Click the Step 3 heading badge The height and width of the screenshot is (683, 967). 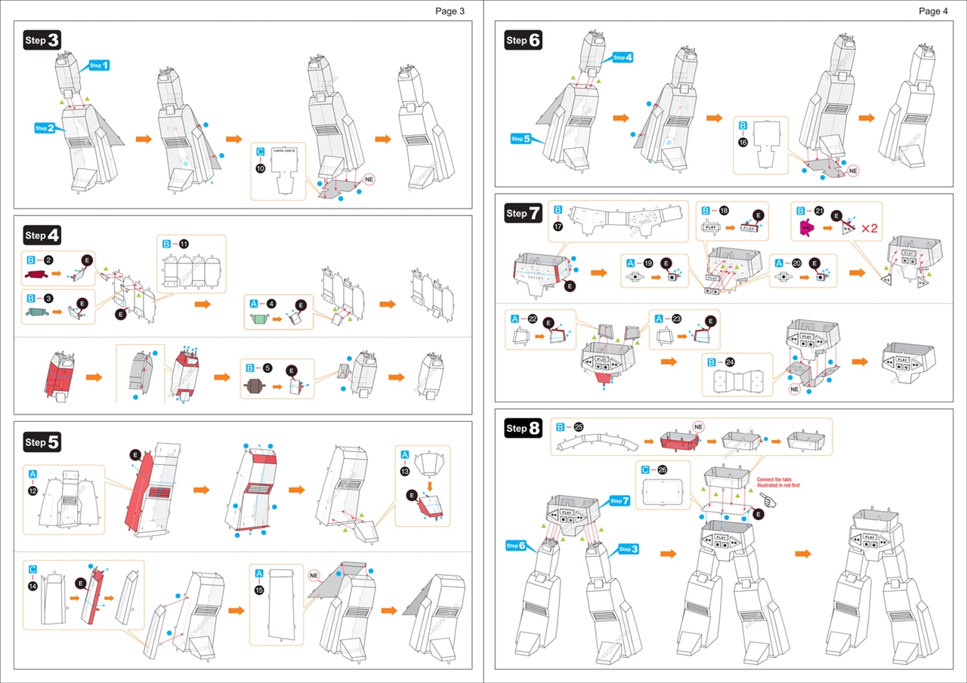[x=42, y=41]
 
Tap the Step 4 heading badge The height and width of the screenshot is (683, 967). [x=42, y=235]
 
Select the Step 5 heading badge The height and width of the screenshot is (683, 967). [x=42, y=441]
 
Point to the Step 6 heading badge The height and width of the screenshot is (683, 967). [x=524, y=40]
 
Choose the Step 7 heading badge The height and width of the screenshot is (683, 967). [x=524, y=214]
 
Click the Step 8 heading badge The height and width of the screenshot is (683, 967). [x=524, y=429]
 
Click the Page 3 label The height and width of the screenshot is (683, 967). [x=450, y=11]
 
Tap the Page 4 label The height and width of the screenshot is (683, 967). [x=934, y=11]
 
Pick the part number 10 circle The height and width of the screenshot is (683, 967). [x=261, y=170]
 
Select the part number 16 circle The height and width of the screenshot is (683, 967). [x=743, y=143]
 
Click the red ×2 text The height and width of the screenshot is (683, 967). [x=870, y=229]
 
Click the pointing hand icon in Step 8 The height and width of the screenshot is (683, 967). [x=769, y=500]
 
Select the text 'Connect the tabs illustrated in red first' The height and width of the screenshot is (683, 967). [x=778, y=482]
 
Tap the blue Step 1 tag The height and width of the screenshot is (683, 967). [x=99, y=66]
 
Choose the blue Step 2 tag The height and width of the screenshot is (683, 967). [x=45, y=128]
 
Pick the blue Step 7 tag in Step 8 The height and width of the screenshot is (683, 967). [x=619, y=500]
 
